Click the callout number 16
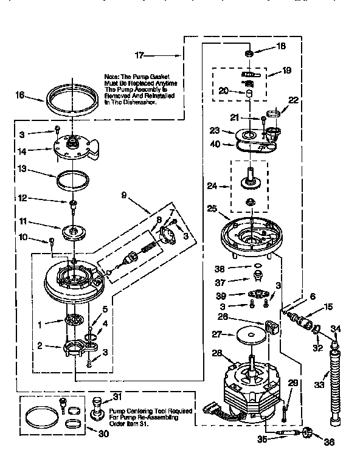(19, 95)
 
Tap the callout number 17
(139, 55)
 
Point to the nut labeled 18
(248, 55)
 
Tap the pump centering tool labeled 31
(97, 406)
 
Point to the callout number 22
(294, 100)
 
